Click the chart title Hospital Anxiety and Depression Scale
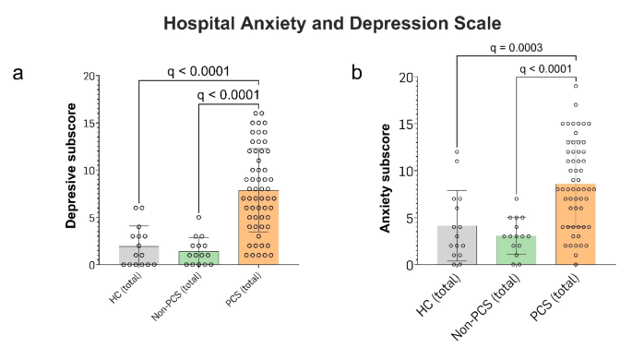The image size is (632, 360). click(x=316, y=22)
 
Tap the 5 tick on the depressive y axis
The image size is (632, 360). click(x=91, y=218)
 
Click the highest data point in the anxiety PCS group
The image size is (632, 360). click(x=575, y=86)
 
